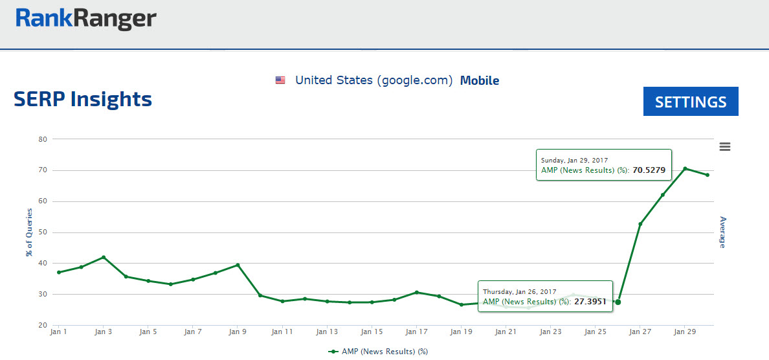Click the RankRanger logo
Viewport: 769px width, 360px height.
[86, 19]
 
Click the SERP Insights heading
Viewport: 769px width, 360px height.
[83, 99]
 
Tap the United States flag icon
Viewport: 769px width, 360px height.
[280, 80]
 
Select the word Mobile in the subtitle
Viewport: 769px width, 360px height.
[479, 80]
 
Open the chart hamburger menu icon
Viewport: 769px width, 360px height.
[725, 146]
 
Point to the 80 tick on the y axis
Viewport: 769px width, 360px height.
[43, 139]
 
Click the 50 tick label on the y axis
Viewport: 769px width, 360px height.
[43, 232]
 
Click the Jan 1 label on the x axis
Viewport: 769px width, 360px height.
[58, 332]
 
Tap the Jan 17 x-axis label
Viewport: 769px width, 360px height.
[416, 332]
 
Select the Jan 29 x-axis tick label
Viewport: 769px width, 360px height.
[684, 332]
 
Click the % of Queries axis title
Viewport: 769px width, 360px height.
[29, 232]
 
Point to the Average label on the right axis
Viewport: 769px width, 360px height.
[723, 232]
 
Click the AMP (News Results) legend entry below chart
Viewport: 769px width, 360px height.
[379, 352]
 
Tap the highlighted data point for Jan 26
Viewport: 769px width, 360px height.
[618, 302]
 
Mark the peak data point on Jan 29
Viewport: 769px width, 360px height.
[685, 168]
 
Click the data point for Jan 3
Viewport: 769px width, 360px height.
[104, 257]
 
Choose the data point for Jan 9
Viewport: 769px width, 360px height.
[238, 265]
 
